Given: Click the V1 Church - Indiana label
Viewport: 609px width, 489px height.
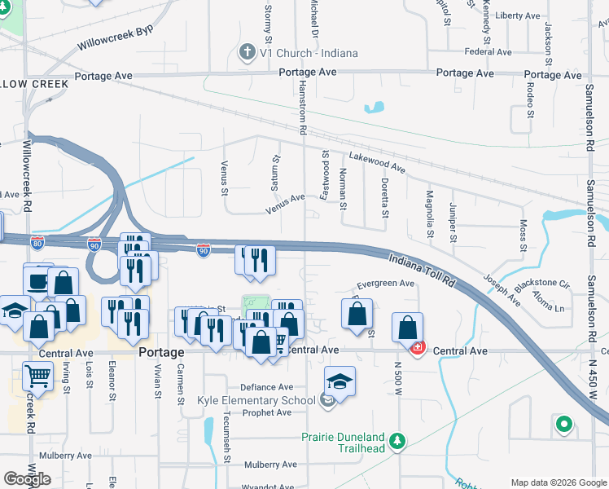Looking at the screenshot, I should tap(309, 53).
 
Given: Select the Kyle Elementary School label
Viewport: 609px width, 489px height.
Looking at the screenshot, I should tap(256, 400).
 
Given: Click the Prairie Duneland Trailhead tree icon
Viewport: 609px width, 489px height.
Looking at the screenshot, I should tap(397, 441).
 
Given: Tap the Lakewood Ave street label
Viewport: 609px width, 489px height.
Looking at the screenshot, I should tap(377, 161).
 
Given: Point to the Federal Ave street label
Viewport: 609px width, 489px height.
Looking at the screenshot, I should tap(488, 52).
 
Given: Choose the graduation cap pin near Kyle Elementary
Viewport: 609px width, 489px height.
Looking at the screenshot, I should tap(340, 381).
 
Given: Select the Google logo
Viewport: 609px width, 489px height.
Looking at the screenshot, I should tap(28, 479).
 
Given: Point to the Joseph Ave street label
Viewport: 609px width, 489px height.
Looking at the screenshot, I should tap(502, 289).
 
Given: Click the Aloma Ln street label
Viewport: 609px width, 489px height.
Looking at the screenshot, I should tap(548, 308).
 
